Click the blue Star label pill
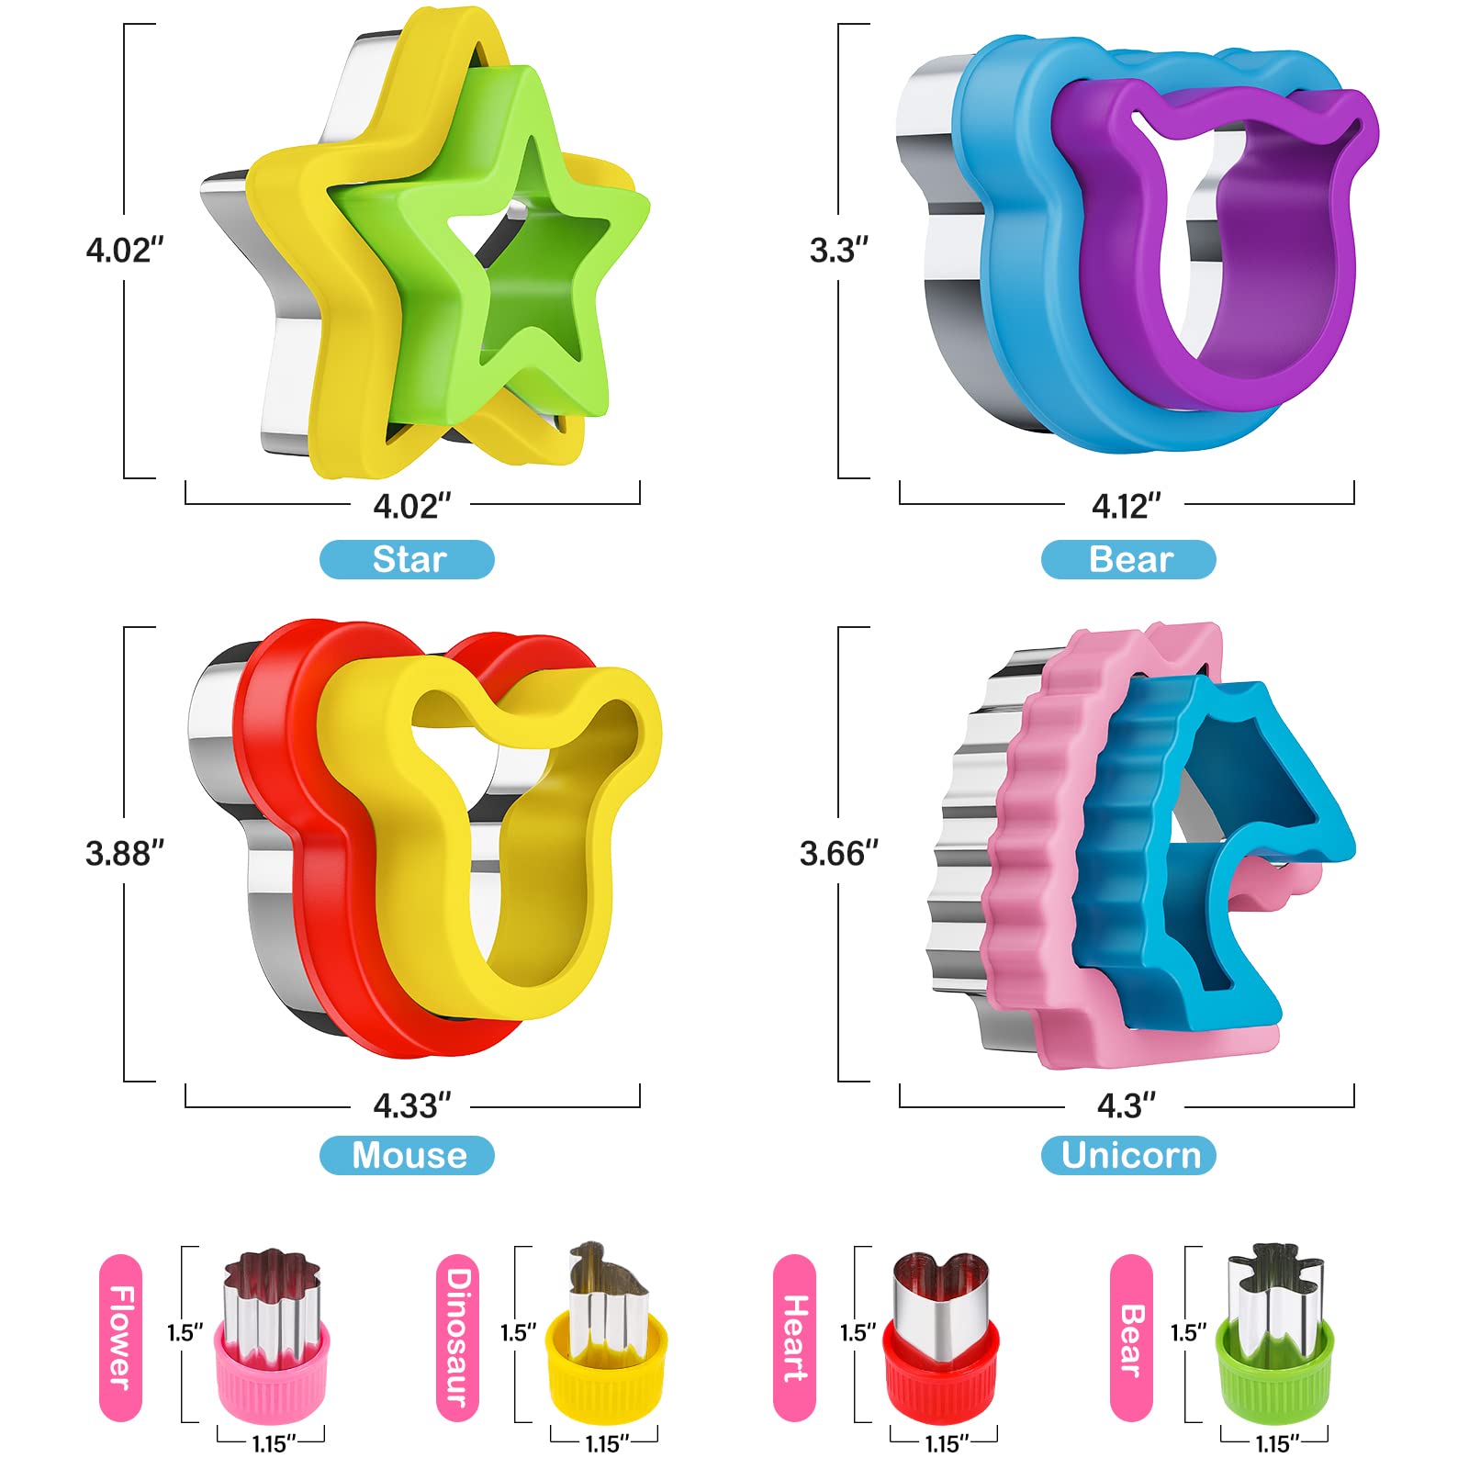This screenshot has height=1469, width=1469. [407, 559]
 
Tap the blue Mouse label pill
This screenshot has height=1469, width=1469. [407, 1155]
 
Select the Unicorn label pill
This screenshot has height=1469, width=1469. [1128, 1155]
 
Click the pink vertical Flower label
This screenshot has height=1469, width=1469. [120, 1337]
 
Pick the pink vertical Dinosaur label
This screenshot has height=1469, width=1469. [457, 1337]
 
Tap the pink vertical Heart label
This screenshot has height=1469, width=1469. [794, 1337]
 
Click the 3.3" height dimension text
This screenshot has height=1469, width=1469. [838, 250]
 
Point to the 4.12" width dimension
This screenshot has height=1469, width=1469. [1126, 506]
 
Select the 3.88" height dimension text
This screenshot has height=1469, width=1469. [124, 853]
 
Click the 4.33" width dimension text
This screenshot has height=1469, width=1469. [411, 1105]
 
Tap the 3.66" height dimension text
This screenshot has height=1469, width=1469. [838, 853]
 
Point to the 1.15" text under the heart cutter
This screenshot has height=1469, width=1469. [943, 1444]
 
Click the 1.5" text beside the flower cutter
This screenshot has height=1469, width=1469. [185, 1332]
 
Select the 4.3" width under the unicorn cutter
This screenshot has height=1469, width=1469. [1126, 1105]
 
